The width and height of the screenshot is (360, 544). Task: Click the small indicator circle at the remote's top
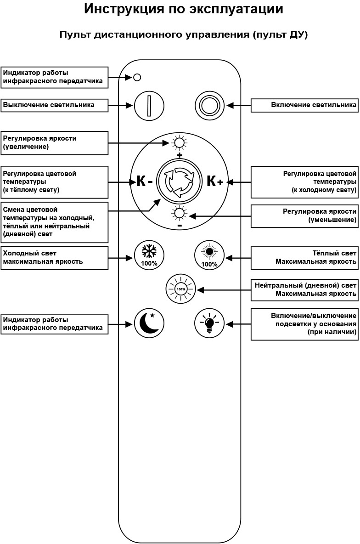pyautogui.click(x=137, y=78)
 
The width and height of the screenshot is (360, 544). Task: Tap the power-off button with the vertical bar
pyautogui.click(x=149, y=106)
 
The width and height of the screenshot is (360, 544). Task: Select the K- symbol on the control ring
pyautogui.click(x=144, y=181)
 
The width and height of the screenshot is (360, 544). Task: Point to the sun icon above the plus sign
pyautogui.click(x=180, y=143)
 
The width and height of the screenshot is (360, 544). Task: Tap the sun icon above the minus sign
pyautogui.click(x=180, y=213)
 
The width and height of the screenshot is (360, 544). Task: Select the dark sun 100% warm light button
pyautogui.click(x=209, y=255)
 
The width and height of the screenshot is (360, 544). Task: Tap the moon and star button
pyautogui.click(x=149, y=323)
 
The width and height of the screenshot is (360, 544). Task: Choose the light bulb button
pyautogui.click(x=209, y=324)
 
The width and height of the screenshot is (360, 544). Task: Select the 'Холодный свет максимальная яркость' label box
pyautogui.click(x=54, y=258)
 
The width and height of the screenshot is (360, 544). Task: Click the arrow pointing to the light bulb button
pyautogui.click(x=238, y=324)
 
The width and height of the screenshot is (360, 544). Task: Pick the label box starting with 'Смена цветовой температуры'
pyautogui.click(x=54, y=222)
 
